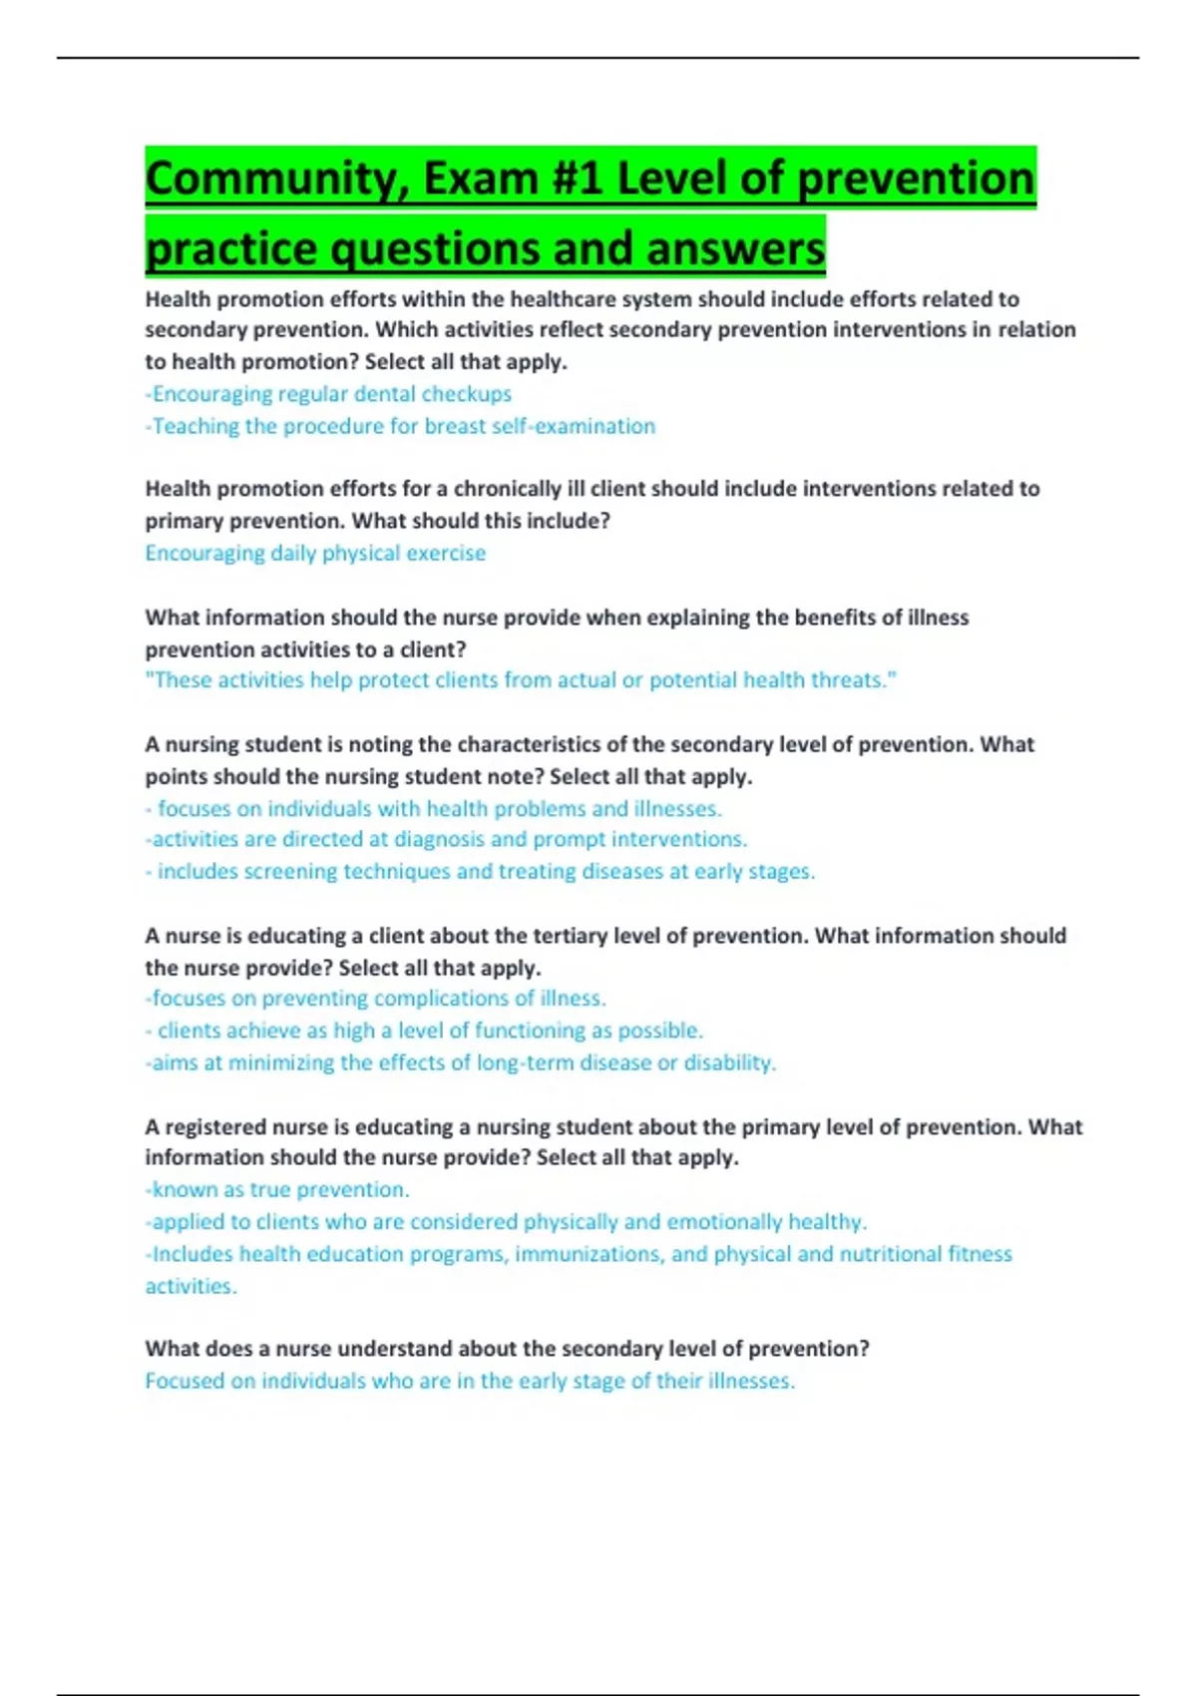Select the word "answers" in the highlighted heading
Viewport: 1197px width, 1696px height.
(735, 248)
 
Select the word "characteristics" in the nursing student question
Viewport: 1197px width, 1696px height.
(541, 744)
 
